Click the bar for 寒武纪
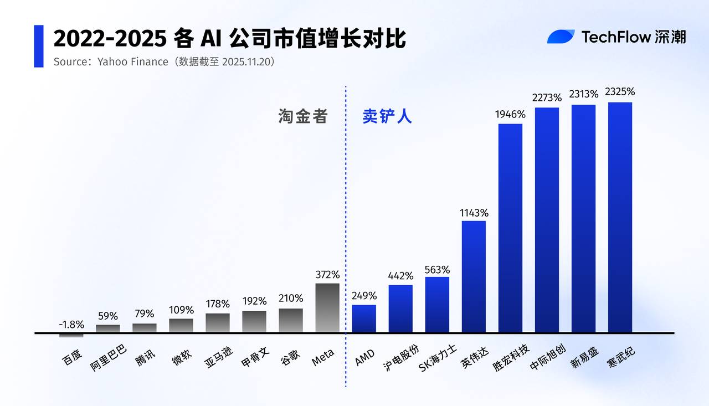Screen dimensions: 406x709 tap(620, 217)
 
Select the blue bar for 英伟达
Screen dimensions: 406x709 tap(474, 276)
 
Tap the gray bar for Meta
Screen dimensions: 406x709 tap(327, 308)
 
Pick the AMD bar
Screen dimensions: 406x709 tap(364, 318)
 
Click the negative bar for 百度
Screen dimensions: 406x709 tap(71, 335)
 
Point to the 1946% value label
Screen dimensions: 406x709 tap(510, 115)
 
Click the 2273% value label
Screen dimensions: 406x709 tap(547, 98)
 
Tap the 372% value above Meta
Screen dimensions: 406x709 tap(327, 274)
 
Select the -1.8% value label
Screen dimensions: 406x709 tap(71, 325)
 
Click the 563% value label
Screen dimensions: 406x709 tap(437, 270)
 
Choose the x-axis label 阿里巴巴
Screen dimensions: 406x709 tap(109, 358)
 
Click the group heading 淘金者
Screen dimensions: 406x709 tap(303, 116)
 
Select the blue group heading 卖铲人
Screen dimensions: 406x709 tap(387, 116)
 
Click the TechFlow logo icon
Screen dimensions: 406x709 tap(561, 37)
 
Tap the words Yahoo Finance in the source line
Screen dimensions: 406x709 tap(132, 61)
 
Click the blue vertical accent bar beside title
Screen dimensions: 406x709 tap(39, 46)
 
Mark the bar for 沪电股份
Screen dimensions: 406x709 tap(400, 309)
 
